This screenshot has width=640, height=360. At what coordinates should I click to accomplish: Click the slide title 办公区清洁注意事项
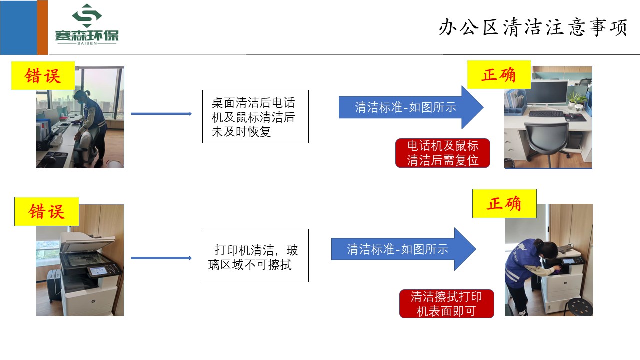point(533,28)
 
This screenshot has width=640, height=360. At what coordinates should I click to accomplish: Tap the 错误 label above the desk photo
point(43,75)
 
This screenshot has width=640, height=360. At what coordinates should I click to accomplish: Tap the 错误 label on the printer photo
point(47,211)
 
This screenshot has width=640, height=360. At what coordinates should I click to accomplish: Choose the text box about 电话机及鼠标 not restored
point(255,117)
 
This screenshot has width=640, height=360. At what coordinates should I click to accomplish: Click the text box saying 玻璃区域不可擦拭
point(255,255)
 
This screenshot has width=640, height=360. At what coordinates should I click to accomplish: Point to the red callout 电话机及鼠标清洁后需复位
point(442,153)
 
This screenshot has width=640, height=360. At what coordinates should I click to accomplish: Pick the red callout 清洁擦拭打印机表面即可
point(446,304)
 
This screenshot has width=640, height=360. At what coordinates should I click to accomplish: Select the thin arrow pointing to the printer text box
point(161,258)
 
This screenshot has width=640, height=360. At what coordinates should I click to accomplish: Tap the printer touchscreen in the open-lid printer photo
point(97,271)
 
